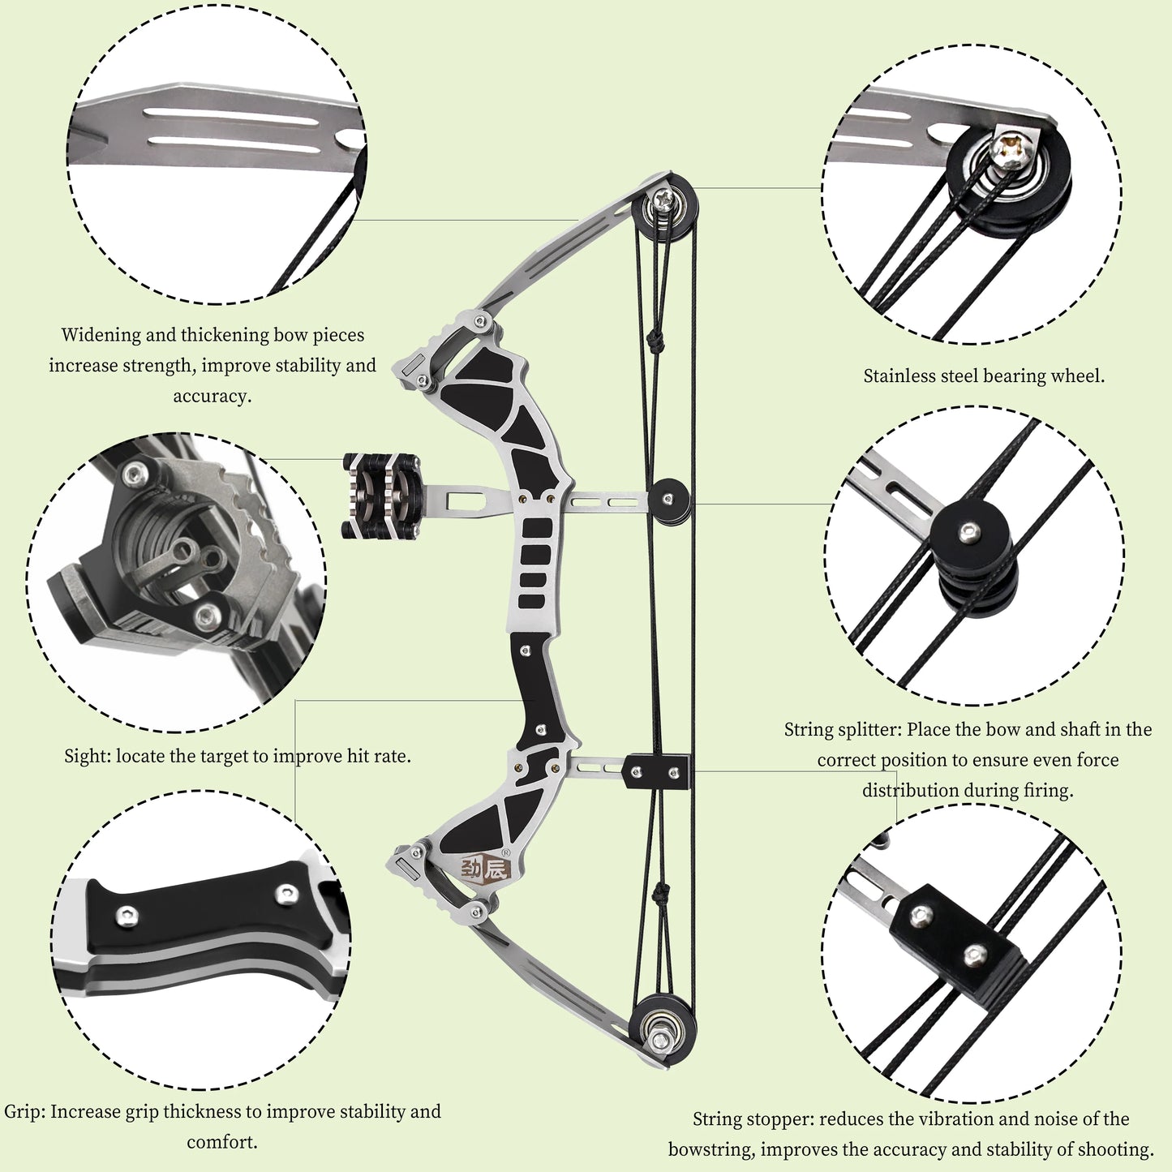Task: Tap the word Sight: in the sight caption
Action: point(88,757)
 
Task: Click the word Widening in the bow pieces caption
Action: point(101,335)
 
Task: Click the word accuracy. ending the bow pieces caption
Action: point(212,397)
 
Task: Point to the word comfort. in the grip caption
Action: point(221,1143)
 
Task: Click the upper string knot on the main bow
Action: point(655,342)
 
